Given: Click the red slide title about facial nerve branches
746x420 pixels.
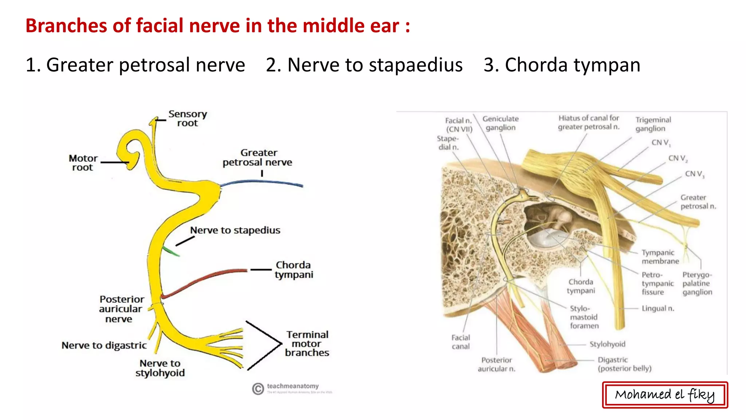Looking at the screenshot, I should point(217,26).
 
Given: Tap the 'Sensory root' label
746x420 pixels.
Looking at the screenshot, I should point(187,118).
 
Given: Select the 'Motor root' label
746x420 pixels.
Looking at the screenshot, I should point(83,163).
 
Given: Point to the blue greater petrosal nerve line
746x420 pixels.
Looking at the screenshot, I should point(262,182).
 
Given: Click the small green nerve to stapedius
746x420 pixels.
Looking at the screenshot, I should point(170,251).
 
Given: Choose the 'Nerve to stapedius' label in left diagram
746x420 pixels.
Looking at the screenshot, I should point(235,230).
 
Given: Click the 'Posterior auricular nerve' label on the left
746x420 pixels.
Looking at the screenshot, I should point(121,309).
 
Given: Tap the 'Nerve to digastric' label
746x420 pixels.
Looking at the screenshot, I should point(104,345).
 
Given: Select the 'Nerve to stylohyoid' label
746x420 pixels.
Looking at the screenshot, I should point(160,368).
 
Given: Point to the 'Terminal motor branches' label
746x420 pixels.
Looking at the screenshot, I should point(307,343).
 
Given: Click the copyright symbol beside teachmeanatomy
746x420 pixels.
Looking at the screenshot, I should point(258,389).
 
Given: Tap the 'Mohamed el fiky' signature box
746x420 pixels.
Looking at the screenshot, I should point(665,395).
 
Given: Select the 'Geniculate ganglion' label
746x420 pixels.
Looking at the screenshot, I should point(500,123).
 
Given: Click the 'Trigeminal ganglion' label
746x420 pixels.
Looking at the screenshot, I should point(653,124).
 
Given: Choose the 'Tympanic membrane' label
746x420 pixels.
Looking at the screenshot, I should point(660,257).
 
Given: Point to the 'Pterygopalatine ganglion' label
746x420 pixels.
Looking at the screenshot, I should point(697,283).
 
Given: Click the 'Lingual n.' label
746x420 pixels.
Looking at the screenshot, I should point(658,308).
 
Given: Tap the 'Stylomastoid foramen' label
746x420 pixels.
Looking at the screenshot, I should point(584,317).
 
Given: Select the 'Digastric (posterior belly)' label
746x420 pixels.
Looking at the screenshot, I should point(624,364).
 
